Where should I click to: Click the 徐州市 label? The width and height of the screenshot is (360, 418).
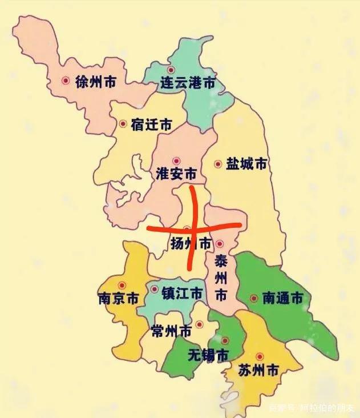click(95, 82)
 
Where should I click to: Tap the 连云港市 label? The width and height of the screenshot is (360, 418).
click(188, 83)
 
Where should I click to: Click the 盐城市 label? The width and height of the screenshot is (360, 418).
click(246, 164)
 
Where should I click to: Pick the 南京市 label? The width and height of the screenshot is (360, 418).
click(119, 298)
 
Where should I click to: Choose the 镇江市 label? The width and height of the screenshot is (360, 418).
click(182, 294)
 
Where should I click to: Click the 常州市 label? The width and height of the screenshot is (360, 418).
click(172, 331)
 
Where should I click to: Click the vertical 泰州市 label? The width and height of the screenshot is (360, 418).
click(221, 279)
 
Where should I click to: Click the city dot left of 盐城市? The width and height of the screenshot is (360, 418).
click(217, 164)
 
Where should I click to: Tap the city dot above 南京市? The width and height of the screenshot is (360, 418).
click(121, 285)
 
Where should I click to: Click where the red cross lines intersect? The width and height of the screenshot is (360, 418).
click(192, 228)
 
